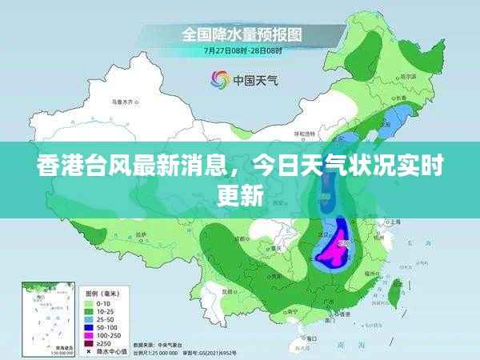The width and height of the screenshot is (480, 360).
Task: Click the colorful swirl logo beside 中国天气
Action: click(x=218, y=78)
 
